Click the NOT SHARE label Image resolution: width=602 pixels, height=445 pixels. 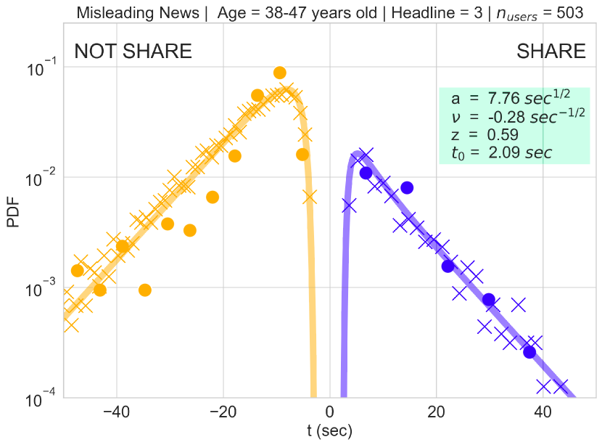[133, 52]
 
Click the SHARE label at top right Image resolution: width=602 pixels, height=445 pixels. [551, 52]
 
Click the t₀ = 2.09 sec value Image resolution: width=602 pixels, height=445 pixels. [501, 152]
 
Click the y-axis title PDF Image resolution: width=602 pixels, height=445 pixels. [13, 211]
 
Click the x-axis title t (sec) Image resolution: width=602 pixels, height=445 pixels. [330, 430]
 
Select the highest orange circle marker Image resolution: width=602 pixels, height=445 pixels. [280, 73]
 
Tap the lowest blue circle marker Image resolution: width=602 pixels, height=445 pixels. [529, 352]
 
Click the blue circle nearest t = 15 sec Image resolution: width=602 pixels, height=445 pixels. [407, 188]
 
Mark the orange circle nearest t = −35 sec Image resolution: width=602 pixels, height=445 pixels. [145, 290]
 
